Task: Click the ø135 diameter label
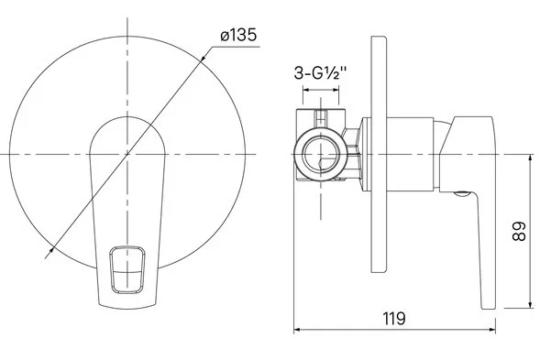pyautogui.click(x=238, y=36)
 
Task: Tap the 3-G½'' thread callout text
pyautogui.click(x=320, y=74)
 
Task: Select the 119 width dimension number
pyautogui.click(x=393, y=318)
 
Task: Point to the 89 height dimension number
pyautogui.click(x=519, y=231)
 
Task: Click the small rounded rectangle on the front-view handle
pyautogui.click(x=127, y=269)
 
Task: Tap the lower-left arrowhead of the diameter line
pyautogui.click(x=50, y=252)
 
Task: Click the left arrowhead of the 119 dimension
pyautogui.click(x=298, y=330)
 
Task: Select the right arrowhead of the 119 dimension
pyautogui.click(x=491, y=330)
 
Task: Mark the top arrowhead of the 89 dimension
pyautogui.click(x=531, y=158)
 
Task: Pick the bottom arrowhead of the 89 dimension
pyautogui.click(x=531, y=304)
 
